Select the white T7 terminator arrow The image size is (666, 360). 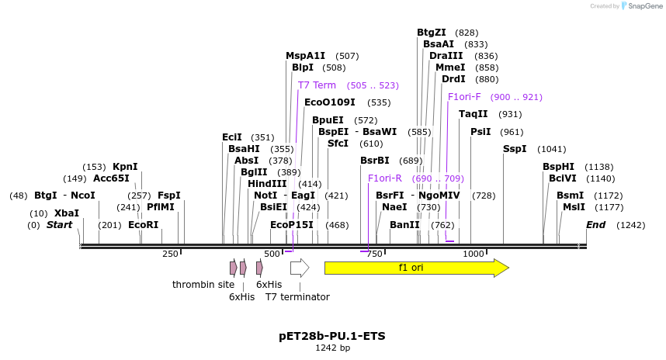[300, 268]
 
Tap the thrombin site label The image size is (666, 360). [203, 285]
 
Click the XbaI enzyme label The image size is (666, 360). [67, 213]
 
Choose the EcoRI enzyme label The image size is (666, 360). [144, 225]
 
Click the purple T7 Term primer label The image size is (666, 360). [317, 85]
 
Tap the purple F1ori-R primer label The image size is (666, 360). [385, 178]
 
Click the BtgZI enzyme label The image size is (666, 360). [432, 33]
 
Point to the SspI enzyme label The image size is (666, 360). [515, 149]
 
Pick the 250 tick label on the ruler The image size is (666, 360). [170, 254]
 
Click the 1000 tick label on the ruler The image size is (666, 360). [473, 254]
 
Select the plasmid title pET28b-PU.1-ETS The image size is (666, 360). [332, 336]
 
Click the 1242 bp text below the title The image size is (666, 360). [332, 348]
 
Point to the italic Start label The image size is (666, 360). [59, 225]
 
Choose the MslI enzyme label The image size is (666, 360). [574, 207]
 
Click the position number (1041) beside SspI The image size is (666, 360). [552, 149]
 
